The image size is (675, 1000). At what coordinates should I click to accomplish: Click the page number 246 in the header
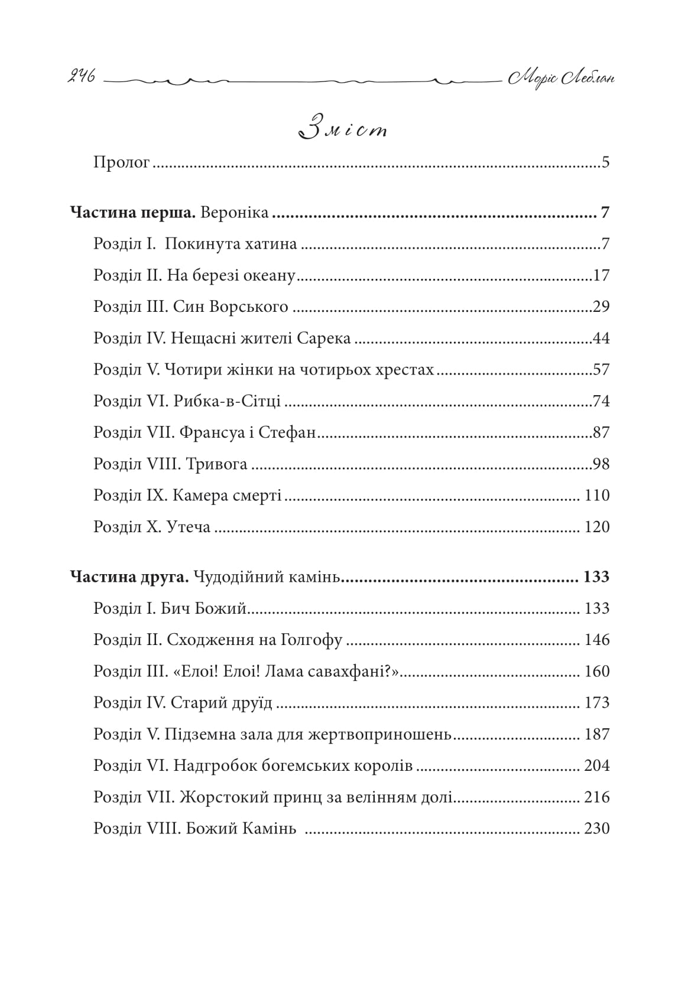pos(79,78)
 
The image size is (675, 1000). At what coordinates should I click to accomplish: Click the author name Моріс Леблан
pos(560,78)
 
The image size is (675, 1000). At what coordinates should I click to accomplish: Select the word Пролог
pos(122,162)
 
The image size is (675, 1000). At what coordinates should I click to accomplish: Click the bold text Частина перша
pos(133,213)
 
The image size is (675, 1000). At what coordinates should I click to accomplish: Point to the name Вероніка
pos(235,213)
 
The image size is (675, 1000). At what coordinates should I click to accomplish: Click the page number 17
pos(601,276)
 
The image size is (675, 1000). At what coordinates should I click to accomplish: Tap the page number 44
pos(601,338)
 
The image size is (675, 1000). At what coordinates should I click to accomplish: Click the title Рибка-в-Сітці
pos(228,402)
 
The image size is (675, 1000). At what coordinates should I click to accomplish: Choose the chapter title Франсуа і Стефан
pos(246,433)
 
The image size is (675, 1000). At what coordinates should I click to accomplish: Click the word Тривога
pos(216,464)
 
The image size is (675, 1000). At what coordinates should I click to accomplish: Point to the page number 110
pos(596,496)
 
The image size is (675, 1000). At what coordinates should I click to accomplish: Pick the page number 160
pos(596,672)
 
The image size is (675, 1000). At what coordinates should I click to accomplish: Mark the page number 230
pos(596,829)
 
